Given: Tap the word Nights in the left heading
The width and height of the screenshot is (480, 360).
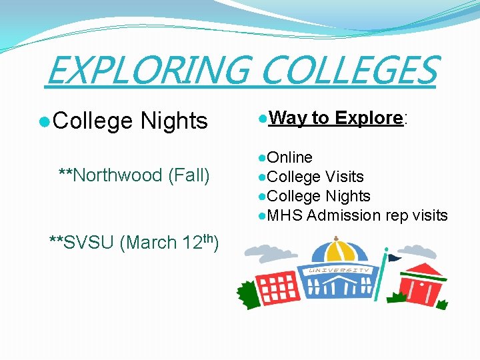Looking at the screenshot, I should pyautogui.click(x=174, y=121).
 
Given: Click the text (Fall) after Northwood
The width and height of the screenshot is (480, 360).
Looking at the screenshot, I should pyautogui.click(x=189, y=175).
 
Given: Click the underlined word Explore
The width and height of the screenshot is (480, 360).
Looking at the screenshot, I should pyautogui.click(x=369, y=118).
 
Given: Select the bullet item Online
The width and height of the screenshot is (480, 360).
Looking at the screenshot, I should pyautogui.click(x=289, y=157).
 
